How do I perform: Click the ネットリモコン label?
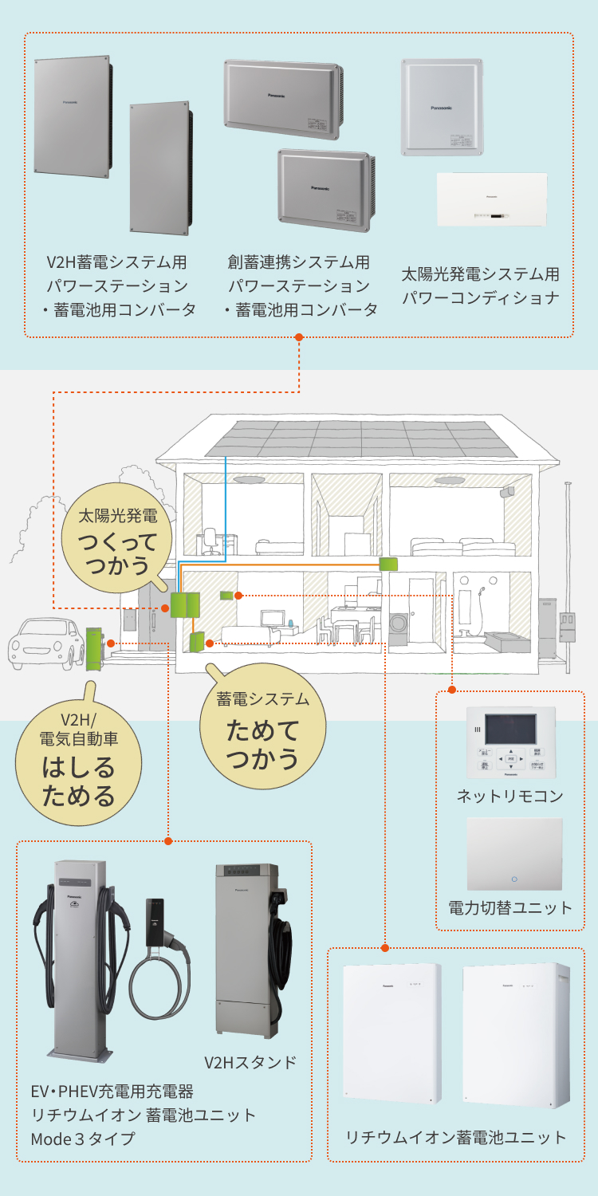coord(510,796)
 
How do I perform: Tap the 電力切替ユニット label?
coord(510,907)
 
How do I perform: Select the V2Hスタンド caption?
coord(250,1062)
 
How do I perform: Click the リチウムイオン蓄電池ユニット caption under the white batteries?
coord(456,1138)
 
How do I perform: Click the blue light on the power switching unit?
coord(514,879)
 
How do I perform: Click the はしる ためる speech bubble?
coord(78,761)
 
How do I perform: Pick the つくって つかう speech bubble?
coord(118,543)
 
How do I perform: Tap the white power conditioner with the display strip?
coord(492,200)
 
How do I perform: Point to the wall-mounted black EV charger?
coord(155,922)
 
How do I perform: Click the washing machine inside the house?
coord(400,624)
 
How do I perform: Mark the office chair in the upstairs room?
coord(210,542)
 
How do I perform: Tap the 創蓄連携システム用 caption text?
coord(299,262)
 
